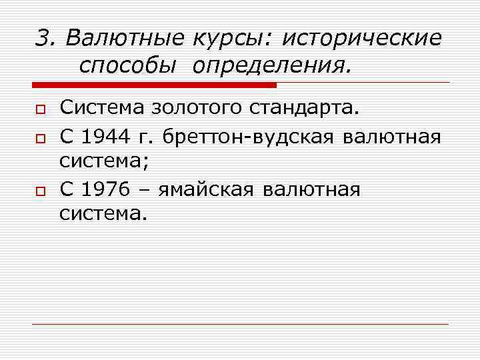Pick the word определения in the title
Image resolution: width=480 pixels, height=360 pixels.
tap(272, 67)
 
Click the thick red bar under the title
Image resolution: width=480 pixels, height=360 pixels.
tap(154, 85)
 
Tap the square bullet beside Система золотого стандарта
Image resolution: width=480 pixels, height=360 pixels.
tap(40, 109)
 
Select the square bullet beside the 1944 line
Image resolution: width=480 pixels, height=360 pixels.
tap(40, 137)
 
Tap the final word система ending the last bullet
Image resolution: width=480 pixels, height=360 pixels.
tap(101, 215)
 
